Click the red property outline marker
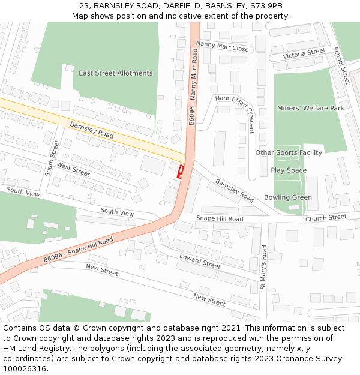(x=180, y=171)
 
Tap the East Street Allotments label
(x=115, y=73)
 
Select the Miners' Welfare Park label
(x=311, y=108)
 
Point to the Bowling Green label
(x=288, y=197)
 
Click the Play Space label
(x=289, y=170)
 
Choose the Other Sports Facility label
(x=289, y=152)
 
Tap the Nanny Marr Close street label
(x=222, y=46)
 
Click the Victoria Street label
(x=304, y=53)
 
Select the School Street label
(x=341, y=65)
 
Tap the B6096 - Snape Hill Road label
(x=78, y=250)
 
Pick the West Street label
(x=73, y=169)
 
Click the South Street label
(x=53, y=158)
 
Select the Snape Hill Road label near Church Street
(x=220, y=219)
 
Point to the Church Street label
(x=326, y=218)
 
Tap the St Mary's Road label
(x=264, y=267)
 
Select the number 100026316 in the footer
(x=25, y=369)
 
